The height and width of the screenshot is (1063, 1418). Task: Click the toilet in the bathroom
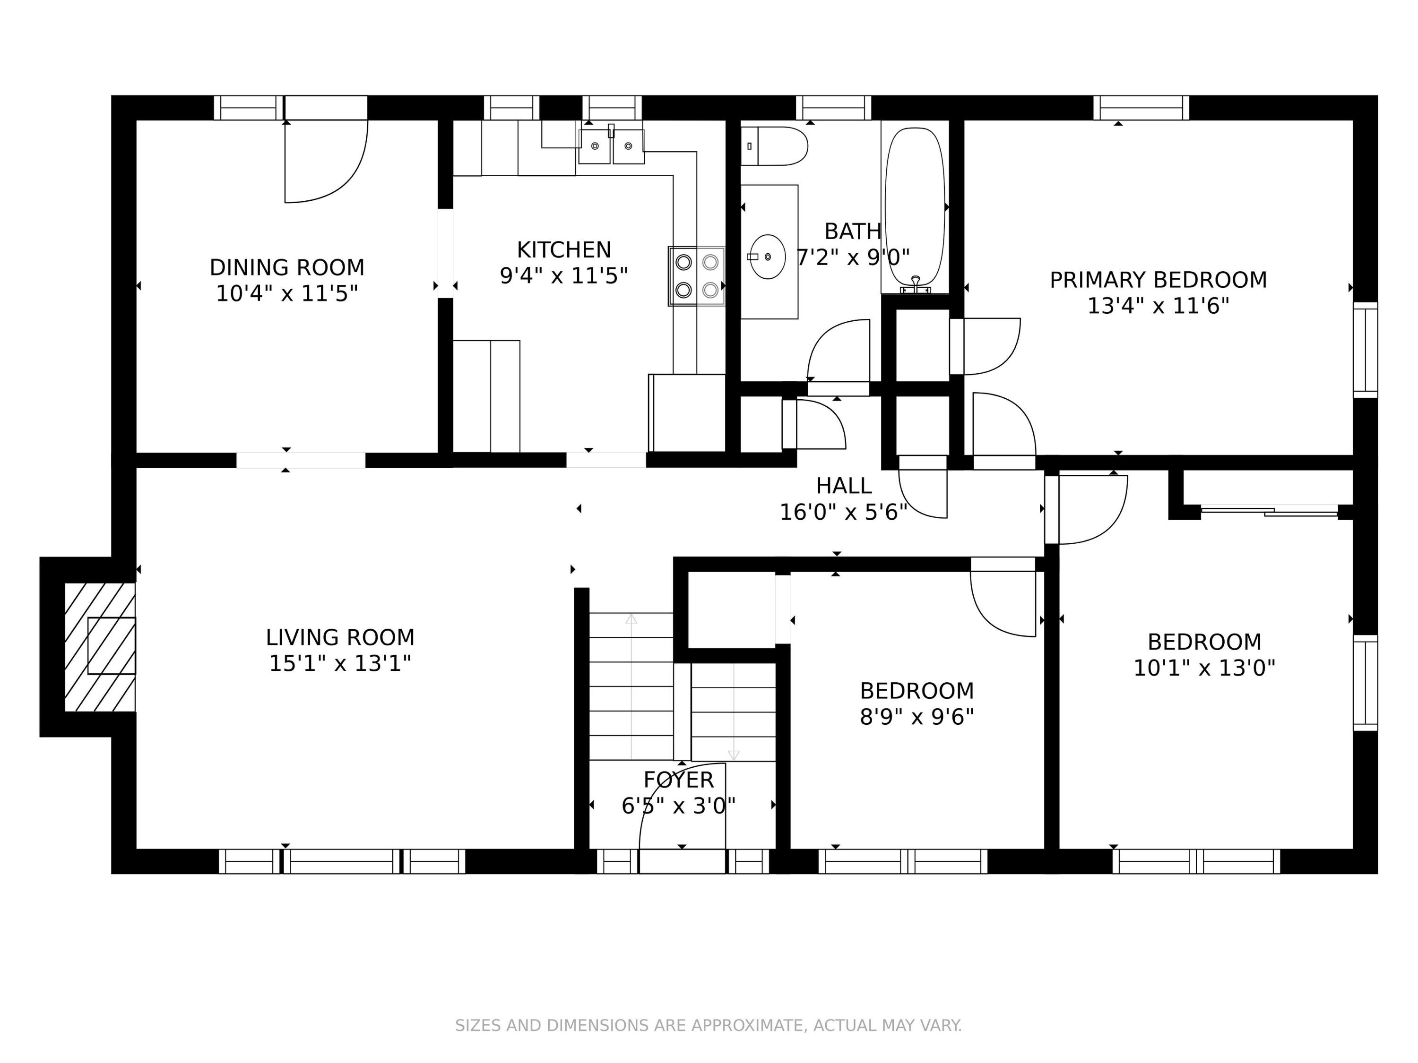point(774,146)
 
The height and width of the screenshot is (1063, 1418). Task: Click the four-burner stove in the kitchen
point(697,276)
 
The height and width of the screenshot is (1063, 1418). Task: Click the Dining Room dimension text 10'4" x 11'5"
point(286,293)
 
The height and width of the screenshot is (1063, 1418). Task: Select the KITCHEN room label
point(564,249)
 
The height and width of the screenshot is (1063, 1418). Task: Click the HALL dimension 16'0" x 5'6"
point(844,512)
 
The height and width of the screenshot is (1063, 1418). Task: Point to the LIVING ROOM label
point(340,637)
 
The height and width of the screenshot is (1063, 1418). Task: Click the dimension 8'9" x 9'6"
point(917,716)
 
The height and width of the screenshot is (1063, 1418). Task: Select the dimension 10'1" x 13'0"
point(1204,669)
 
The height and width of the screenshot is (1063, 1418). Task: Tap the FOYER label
point(678,780)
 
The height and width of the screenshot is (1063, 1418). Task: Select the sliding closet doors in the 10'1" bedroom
point(1269,511)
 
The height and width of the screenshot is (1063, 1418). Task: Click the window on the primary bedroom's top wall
point(1141,108)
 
